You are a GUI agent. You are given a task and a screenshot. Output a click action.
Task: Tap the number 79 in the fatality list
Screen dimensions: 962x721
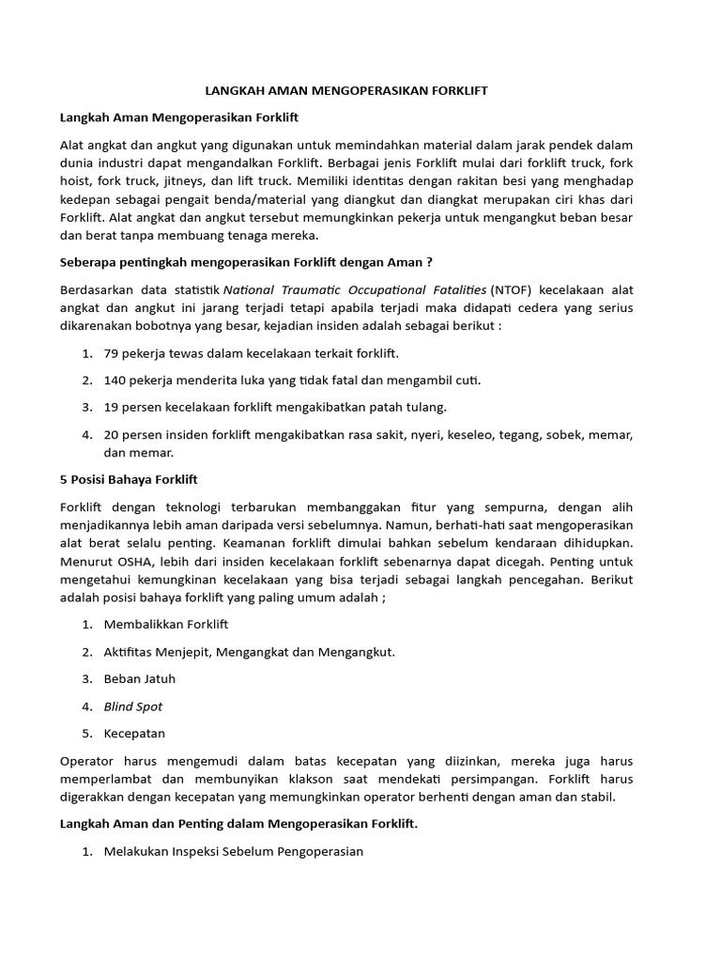(x=112, y=352)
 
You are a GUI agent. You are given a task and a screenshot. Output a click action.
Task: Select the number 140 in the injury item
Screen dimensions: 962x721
(x=115, y=380)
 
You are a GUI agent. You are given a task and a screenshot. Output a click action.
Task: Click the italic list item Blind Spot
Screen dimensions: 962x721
(x=133, y=706)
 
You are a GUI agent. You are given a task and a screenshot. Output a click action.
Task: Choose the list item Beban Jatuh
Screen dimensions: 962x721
(x=140, y=678)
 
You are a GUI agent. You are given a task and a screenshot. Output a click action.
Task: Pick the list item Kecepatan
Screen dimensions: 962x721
(x=134, y=733)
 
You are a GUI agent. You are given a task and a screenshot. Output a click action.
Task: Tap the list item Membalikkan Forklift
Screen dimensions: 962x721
(x=166, y=624)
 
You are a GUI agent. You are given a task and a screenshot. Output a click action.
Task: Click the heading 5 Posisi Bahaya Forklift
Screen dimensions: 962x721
(x=129, y=479)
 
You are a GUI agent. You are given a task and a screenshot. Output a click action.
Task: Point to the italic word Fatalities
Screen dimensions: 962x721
(x=456, y=289)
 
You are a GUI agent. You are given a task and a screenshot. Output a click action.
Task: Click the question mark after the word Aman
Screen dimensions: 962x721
(x=429, y=262)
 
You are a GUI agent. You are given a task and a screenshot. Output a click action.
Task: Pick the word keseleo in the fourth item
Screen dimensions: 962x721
(x=473, y=434)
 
